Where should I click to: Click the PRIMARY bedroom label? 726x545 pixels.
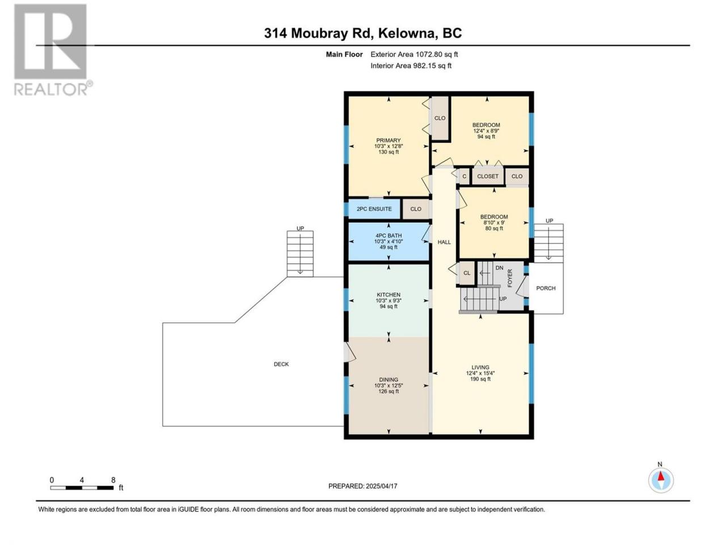(x=389, y=140)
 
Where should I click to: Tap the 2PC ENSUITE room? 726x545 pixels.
(x=374, y=209)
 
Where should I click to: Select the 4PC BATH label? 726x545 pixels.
(x=389, y=236)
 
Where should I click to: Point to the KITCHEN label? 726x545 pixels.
(x=389, y=295)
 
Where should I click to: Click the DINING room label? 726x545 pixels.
(x=389, y=380)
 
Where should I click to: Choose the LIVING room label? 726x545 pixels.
(x=480, y=367)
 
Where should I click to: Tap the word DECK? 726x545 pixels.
(x=281, y=364)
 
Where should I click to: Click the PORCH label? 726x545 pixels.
(x=546, y=288)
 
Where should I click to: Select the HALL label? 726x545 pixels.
(x=444, y=242)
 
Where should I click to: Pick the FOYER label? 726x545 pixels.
(x=510, y=278)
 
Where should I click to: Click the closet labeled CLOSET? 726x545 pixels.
(x=488, y=177)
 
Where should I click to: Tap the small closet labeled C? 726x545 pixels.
(x=464, y=177)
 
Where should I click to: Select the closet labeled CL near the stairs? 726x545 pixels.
(x=467, y=273)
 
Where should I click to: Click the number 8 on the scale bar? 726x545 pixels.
(x=113, y=480)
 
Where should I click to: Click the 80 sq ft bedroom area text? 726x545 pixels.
(x=494, y=228)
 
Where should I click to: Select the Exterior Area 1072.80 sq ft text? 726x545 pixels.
(x=414, y=54)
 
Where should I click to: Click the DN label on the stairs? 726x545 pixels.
(x=499, y=268)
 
